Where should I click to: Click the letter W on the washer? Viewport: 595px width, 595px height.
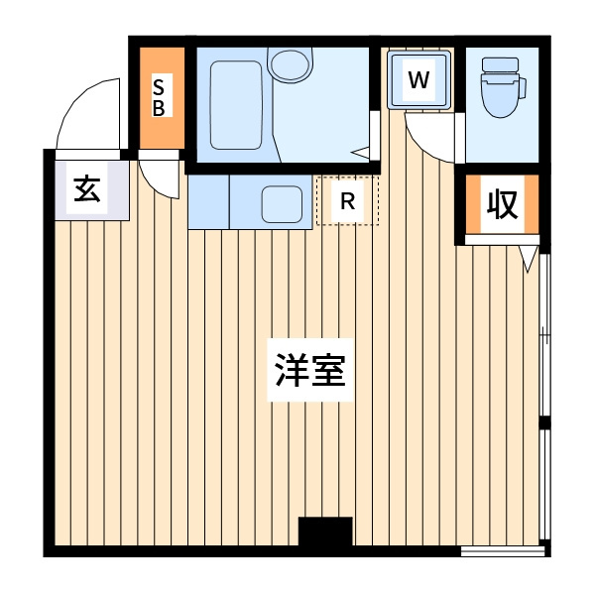click(x=418, y=80)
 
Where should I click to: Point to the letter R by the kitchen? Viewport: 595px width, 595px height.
click(x=347, y=200)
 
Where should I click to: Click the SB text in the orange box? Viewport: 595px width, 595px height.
click(x=159, y=96)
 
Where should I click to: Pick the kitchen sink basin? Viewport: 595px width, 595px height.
click(x=283, y=203)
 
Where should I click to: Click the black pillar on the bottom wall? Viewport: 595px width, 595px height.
click(x=325, y=532)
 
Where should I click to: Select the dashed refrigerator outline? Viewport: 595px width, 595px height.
click(x=347, y=200)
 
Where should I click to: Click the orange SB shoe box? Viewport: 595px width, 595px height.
click(x=159, y=96)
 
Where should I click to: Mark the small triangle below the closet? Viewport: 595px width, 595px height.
click(x=530, y=258)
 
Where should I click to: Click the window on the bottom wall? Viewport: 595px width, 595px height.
click(x=504, y=549)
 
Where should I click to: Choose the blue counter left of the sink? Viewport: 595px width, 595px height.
click(x=208, y=201)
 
